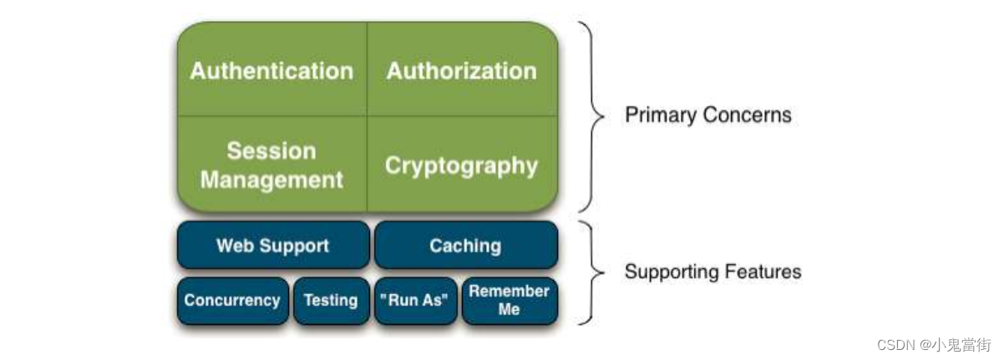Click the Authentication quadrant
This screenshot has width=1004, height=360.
click(271, 71)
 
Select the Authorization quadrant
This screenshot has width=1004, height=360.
click(462, 71)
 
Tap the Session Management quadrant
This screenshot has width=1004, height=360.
click(271, 165)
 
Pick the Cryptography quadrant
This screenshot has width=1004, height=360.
click(462, 165)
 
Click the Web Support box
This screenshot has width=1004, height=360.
click(272, 246)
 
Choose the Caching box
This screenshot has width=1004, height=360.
click(465, 246)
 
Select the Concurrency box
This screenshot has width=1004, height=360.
click(232, 301)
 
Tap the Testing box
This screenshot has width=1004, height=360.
click(331, 301)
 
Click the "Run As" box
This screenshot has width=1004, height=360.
click(416, 301)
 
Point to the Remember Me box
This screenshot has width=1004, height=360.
click(509, 301)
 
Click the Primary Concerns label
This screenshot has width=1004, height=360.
click(707, 114)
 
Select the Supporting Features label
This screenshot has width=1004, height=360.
click(712, 271)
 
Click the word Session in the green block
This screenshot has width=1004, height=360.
click(271, 151)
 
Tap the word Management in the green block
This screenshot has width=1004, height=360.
click(271, 180)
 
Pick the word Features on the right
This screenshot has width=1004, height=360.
click(763, 271)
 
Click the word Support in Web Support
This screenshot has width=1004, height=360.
click(293, 246)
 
